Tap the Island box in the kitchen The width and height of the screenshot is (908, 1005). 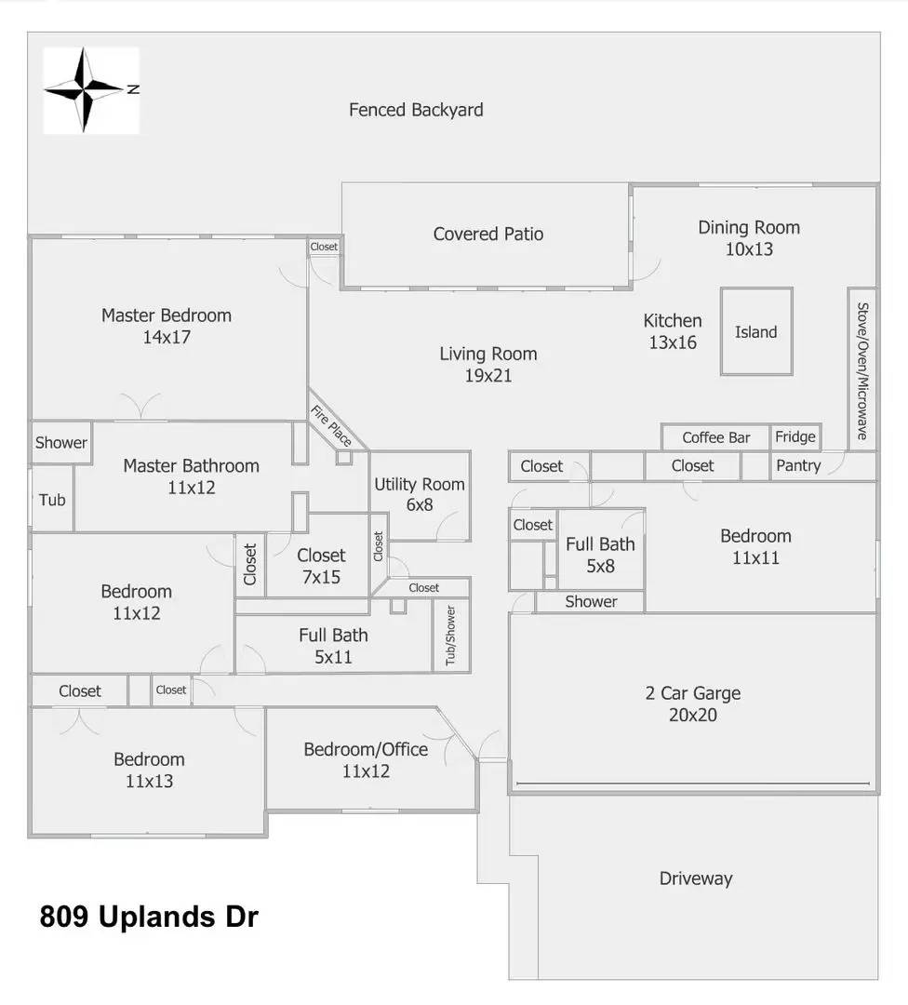756,331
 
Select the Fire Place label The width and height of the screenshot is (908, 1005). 331,425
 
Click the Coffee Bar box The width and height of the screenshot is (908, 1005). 715,437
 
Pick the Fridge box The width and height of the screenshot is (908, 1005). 795,436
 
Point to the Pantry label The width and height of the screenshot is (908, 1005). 798,465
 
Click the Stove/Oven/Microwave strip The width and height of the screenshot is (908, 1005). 862,369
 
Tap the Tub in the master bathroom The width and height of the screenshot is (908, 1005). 52,500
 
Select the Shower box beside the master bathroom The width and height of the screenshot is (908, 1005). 61,442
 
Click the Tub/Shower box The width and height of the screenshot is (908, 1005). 451,636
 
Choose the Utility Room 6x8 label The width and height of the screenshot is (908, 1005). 420,494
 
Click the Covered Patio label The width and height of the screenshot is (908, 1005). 488,234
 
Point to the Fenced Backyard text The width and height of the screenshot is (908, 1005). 416,110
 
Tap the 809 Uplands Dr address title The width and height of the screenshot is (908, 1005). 149,917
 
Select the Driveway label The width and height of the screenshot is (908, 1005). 696,878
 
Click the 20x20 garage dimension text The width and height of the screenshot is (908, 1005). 693,715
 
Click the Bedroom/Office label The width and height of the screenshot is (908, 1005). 366,749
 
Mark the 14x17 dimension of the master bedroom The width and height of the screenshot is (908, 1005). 167,337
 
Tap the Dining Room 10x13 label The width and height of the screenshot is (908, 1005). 749,238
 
